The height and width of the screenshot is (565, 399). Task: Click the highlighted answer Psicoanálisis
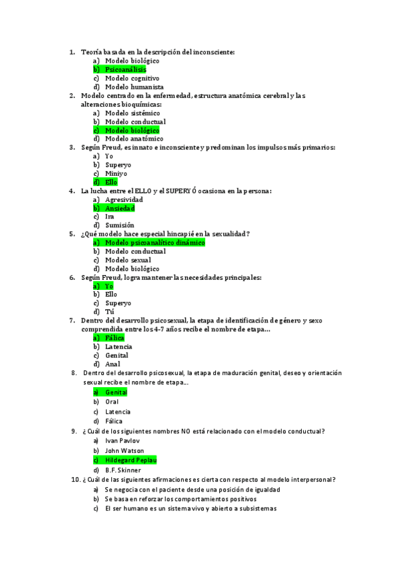(x=125, y=69)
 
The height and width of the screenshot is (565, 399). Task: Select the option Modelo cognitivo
(x=132, y=78)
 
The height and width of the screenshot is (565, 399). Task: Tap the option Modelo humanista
(x=134, y=87)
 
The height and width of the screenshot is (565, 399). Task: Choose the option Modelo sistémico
(x=132, y=113)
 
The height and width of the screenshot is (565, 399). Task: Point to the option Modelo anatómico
(x=134, y=139)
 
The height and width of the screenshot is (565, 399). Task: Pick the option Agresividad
(x=124, y=199)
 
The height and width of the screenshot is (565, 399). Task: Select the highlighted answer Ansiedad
(x=121, y=208)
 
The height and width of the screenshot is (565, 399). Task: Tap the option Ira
(x=110, y=217)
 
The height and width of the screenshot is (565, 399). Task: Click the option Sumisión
(x=120, y=225)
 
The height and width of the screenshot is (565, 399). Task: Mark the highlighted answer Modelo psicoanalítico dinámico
(x=155, y=243)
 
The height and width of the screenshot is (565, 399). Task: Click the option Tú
(x=110, y=312)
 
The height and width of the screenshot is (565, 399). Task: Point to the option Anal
(x=113, y=364)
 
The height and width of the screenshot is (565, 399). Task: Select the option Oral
(x=112, y=402)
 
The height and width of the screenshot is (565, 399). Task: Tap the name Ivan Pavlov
(x=123, y=440)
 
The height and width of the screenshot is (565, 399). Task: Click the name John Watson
(x=125, y=450)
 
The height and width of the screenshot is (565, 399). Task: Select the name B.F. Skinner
(x=123, y=470)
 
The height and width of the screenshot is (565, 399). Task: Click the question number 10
(x=75, y=479)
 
